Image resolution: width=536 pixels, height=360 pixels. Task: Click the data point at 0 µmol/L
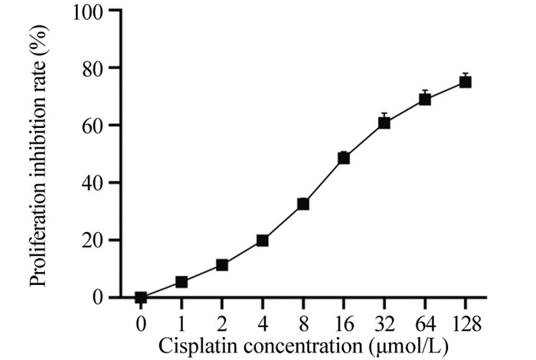pyautogui.click(x=141, y=297)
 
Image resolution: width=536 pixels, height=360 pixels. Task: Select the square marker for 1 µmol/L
pyautogui.click(x=181, y=282)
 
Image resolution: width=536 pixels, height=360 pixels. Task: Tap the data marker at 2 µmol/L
pyautogui.click(x=222, y=265)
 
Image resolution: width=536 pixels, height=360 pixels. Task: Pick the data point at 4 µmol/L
pyautogui.click(x=263, y=240)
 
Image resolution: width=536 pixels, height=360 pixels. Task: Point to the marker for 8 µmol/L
pyautogui.click(x=303, y=204)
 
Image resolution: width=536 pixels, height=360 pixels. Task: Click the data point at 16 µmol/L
pyautogui.click(x=344, y=158)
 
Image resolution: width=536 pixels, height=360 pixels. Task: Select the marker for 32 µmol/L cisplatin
pyautogui.click(x=384, y=123)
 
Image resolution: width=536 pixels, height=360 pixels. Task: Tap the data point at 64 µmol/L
pyautogui.click(x=425, y=99)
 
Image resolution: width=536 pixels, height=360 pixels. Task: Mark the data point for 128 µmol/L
pyautogui.click(x=465, y=82)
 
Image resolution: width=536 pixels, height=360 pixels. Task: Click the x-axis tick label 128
pyautogui.click(x=465, y=324)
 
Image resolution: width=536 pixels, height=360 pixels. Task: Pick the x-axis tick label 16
pyautogui.click(x=344, y=324)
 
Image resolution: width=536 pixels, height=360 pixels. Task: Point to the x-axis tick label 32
pyautogui.click(x=384, y=324)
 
